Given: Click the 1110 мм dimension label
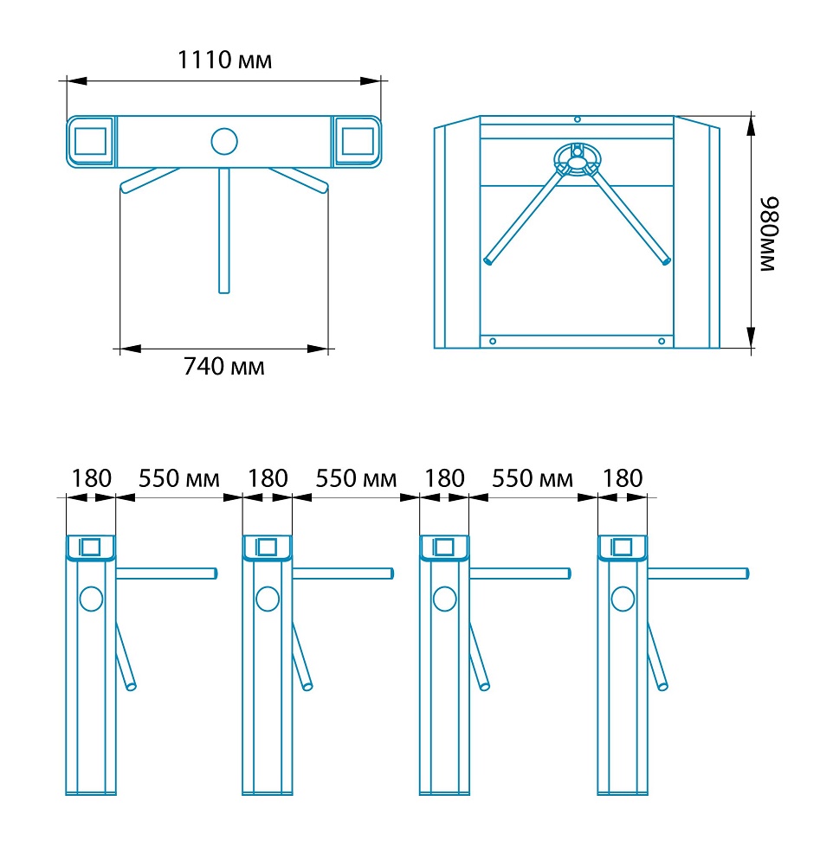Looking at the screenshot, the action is [224, 61].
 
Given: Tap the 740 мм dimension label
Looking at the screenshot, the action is [223, 366].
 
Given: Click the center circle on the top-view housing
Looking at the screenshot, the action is [224, 141].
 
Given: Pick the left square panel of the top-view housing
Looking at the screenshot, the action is [90, 142].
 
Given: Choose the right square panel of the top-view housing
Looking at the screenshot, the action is [358, 142].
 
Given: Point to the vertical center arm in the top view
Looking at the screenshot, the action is [223, 231].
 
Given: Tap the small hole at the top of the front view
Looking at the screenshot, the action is [577, 119].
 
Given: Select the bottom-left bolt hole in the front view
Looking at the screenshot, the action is [493, 342].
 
